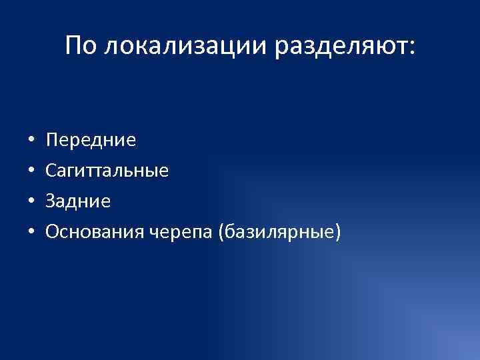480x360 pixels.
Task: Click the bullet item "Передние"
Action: coord(91,140)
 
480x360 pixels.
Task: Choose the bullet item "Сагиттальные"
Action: coord(107,171)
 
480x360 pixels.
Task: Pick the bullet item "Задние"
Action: coord(77,201)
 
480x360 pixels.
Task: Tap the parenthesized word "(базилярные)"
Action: coord(284,232)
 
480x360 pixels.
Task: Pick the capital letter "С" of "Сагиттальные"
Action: coord(51,171)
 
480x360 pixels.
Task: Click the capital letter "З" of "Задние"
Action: coord(51,201)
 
